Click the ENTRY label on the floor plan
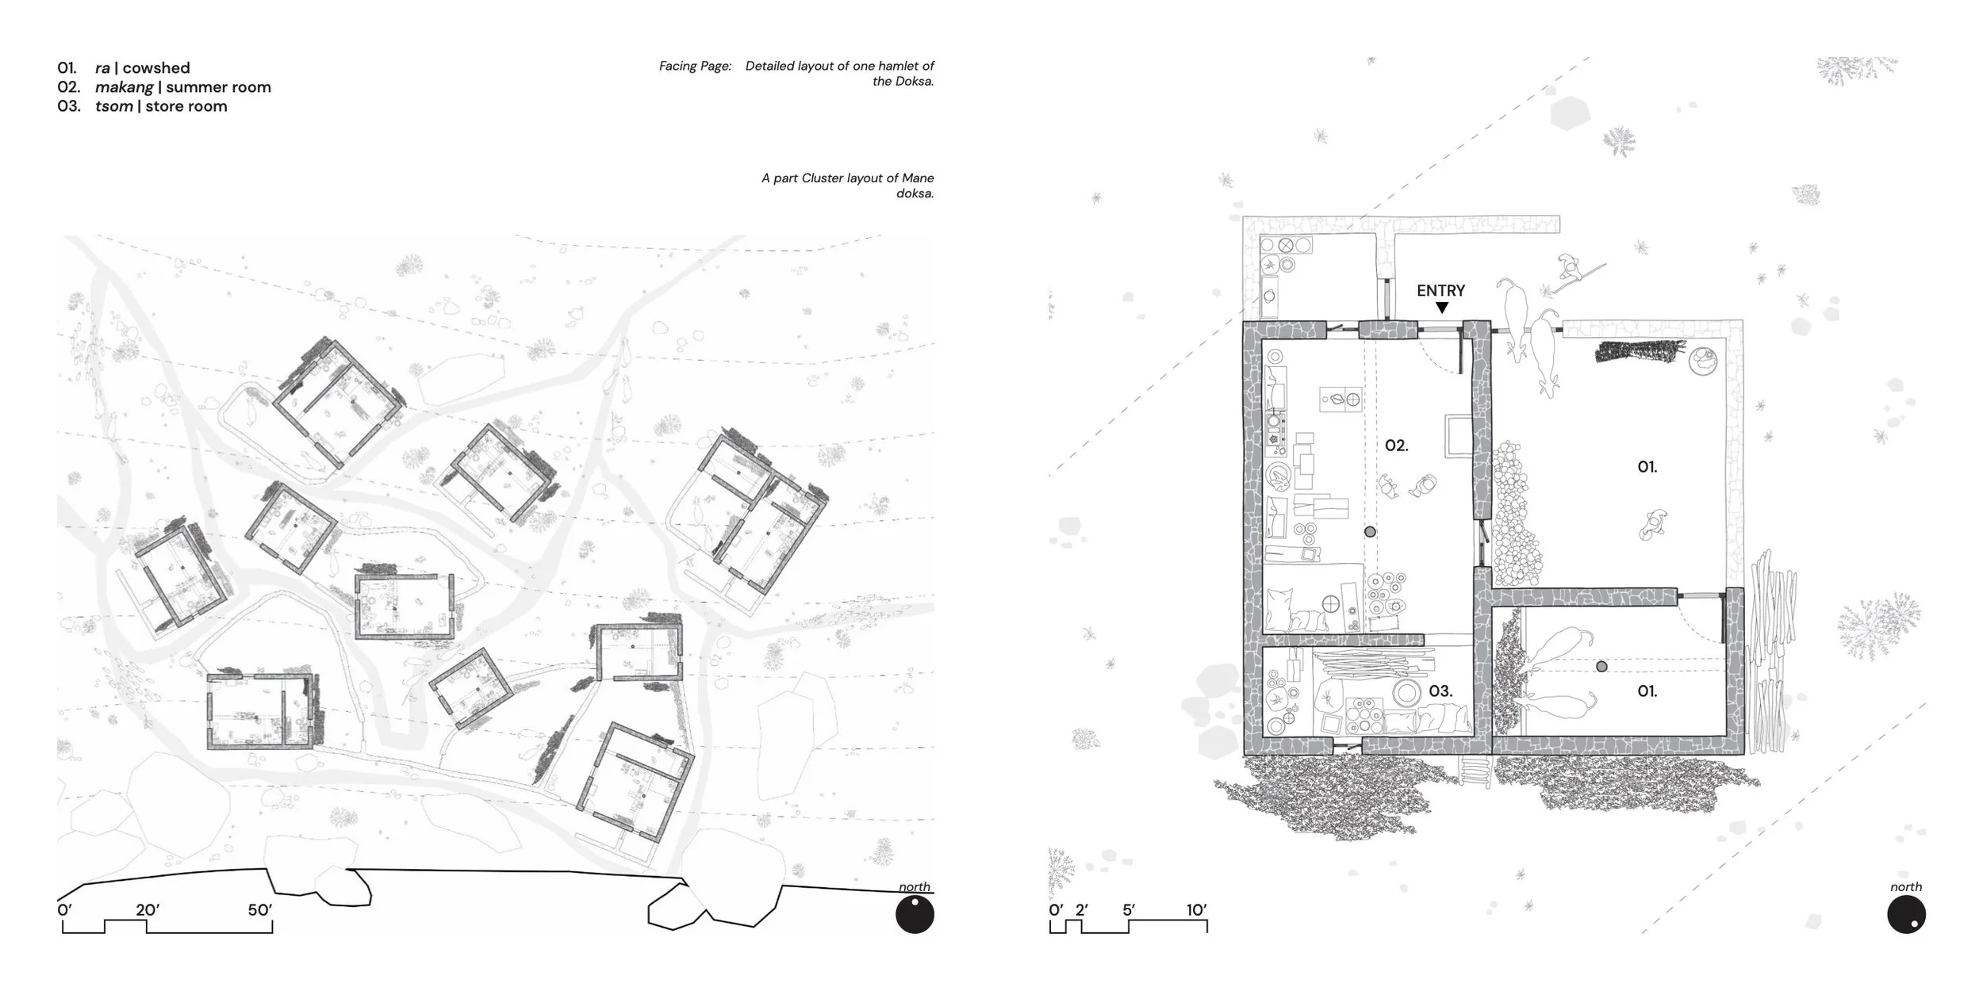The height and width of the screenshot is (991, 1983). [1441, 291]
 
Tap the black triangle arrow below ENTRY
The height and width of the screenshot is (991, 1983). [1442, 308]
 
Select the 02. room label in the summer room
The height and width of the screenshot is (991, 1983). [1397, 446]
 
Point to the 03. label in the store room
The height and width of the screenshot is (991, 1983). [1440, 691]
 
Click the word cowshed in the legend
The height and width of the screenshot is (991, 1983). [156, 68]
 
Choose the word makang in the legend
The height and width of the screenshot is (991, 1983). [124, 87]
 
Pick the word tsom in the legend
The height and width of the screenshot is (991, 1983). [114, 106]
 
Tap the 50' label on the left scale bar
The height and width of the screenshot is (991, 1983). [260, 910]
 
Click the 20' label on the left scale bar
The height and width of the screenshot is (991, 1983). [148, 910]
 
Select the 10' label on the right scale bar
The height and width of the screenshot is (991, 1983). [1197, 910]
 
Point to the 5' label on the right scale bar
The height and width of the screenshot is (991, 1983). [1129, 910]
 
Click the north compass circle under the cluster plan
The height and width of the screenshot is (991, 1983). [915, 916]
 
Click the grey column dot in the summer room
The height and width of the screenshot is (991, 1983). [1370, 532]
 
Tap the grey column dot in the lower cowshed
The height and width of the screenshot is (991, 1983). [1601, 667]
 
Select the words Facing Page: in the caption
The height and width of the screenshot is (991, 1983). [695, 66]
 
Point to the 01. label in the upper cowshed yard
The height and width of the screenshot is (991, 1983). [1647, 468]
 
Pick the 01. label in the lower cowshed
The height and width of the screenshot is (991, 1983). [1647, 691]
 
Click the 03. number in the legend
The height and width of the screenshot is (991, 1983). [69, 106]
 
